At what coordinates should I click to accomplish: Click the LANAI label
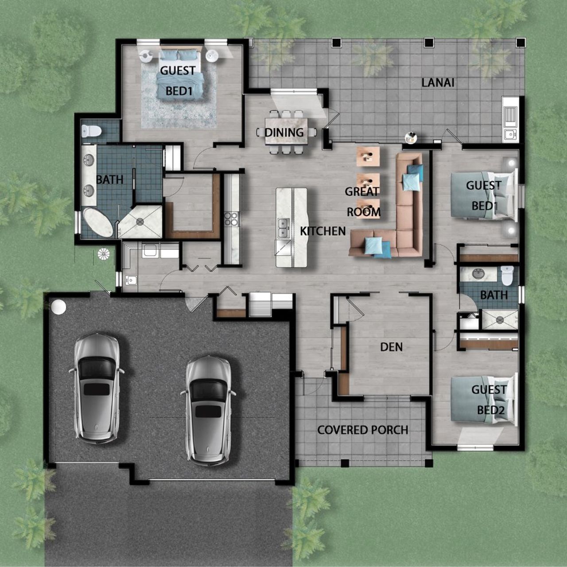[x=438, y=82]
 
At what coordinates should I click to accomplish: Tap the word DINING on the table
[x=284, y=132]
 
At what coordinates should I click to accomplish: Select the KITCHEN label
[x=322, y=231]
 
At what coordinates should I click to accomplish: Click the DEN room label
[x=392, y=346]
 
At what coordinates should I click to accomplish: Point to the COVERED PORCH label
[x=363, y=430]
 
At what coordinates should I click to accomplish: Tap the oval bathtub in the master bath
[x=99, y=223]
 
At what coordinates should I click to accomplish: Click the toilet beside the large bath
[x=92, y=131]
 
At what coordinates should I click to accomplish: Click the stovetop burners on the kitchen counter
[x=231, y=219]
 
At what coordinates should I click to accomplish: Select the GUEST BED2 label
[x=489, y=400]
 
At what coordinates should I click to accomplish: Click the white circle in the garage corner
[x=58, y=307]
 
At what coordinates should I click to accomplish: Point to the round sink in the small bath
[x=478, y=273]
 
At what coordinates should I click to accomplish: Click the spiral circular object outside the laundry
[x=103, y=254]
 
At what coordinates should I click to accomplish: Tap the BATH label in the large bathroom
[x=109, y=180]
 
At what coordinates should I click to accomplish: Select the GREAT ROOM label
[x=363, y=202]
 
